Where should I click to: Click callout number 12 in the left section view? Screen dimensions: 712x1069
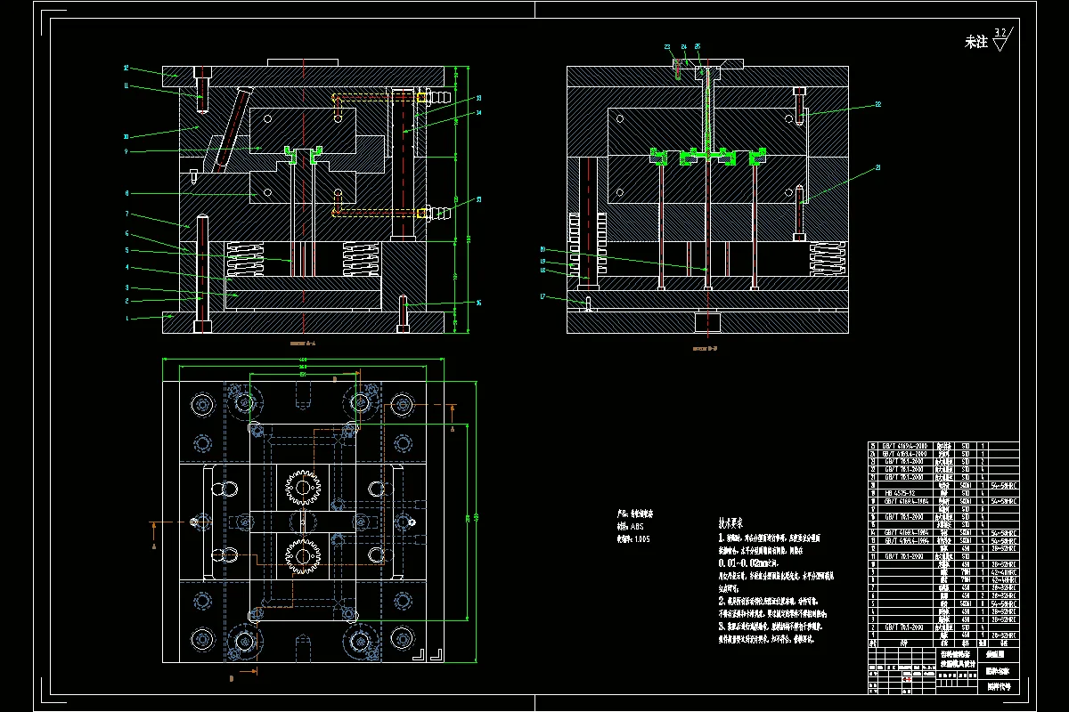pos(126,68)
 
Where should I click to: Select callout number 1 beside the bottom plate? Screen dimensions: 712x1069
pos(126,318)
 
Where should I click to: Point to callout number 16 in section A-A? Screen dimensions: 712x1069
pos(478,303)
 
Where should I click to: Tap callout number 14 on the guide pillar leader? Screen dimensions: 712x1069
pos(478,114)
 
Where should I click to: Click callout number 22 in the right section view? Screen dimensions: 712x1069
pos(877,104)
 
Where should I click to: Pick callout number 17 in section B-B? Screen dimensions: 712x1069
pos(542,296)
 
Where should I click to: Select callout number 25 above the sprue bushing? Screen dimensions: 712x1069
pos(698,46)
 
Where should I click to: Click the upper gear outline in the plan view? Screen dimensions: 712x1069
pos(303,487)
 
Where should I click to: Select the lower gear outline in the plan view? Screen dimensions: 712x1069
pos(303,556)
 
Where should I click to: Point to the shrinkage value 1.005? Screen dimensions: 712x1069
pos(641,539)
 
